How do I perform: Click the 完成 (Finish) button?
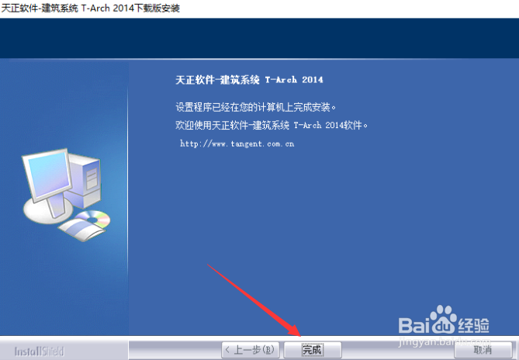coord(313,350)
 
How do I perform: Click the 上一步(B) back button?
coord(251,350)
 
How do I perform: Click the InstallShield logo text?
coord(39,351)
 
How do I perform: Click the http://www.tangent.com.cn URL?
coord(237,144)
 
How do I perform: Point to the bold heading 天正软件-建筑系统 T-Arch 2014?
coord(249,80)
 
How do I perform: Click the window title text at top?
coord(90,9)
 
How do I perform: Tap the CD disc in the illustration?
coord(95,218)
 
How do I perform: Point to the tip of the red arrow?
coord(300,336)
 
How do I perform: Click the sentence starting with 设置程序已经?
coord(256,107)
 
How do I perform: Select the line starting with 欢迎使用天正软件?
coord(272,126)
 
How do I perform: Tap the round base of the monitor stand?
coord(48,211)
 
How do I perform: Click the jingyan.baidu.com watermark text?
coord(445,340)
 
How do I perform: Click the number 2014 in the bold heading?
coord(312,80)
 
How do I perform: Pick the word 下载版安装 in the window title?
coord(157,9)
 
